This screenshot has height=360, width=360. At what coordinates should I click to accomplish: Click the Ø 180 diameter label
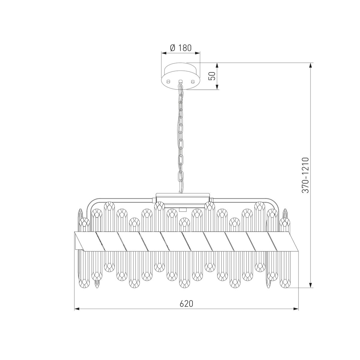[181, 48]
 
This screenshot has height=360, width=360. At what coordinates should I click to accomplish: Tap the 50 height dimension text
[212, 76]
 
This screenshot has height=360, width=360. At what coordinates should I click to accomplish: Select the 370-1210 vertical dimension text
[306, 175]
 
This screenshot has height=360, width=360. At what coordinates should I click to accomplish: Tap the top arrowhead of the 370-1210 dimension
[310, 66]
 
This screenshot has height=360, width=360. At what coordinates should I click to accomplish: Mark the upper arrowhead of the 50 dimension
[217, 66]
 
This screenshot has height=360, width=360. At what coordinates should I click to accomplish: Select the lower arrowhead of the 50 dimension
[217, 87]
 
